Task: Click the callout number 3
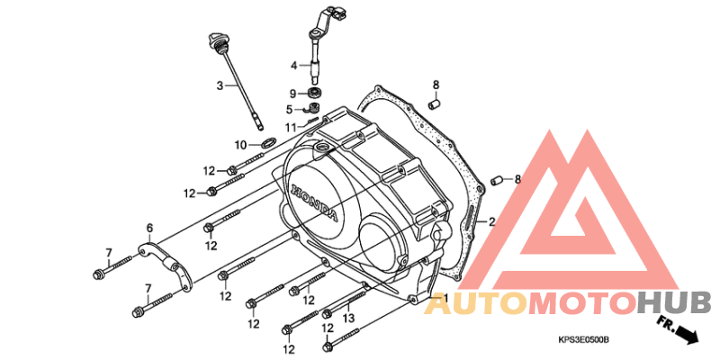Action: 220,85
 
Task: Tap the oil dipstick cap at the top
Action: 214,40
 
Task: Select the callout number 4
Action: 294,65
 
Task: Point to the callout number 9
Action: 292,94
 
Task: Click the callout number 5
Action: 289,110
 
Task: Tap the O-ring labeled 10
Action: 268,142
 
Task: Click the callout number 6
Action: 149,228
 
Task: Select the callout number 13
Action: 349,318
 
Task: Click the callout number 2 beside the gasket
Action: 491,222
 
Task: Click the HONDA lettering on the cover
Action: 315,202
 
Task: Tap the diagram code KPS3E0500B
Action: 583,340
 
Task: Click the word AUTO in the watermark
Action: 475,303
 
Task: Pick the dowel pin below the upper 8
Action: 434,103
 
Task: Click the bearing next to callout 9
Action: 314,93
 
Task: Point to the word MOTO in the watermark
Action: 582,303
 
